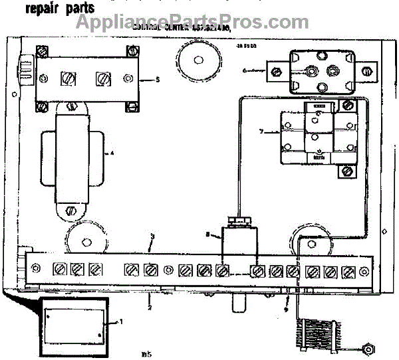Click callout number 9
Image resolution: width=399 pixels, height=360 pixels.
(x=287, y=309)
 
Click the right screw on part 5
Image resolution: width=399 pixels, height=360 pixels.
(x=102, y=78)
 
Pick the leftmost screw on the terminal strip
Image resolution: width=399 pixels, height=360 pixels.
(x=59, y=270)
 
